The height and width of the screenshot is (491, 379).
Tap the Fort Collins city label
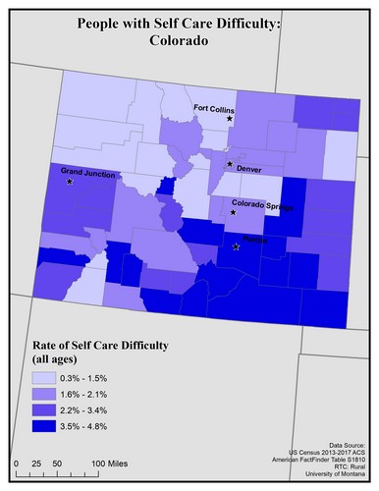point(213,108)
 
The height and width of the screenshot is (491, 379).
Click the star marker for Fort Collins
point(230,119)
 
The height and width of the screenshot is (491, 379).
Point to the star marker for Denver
point(230,164)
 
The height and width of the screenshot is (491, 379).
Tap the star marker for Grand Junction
point(69,183)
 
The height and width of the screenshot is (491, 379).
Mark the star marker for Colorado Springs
point(233,212)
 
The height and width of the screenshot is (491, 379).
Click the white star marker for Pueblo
point(236,247)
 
